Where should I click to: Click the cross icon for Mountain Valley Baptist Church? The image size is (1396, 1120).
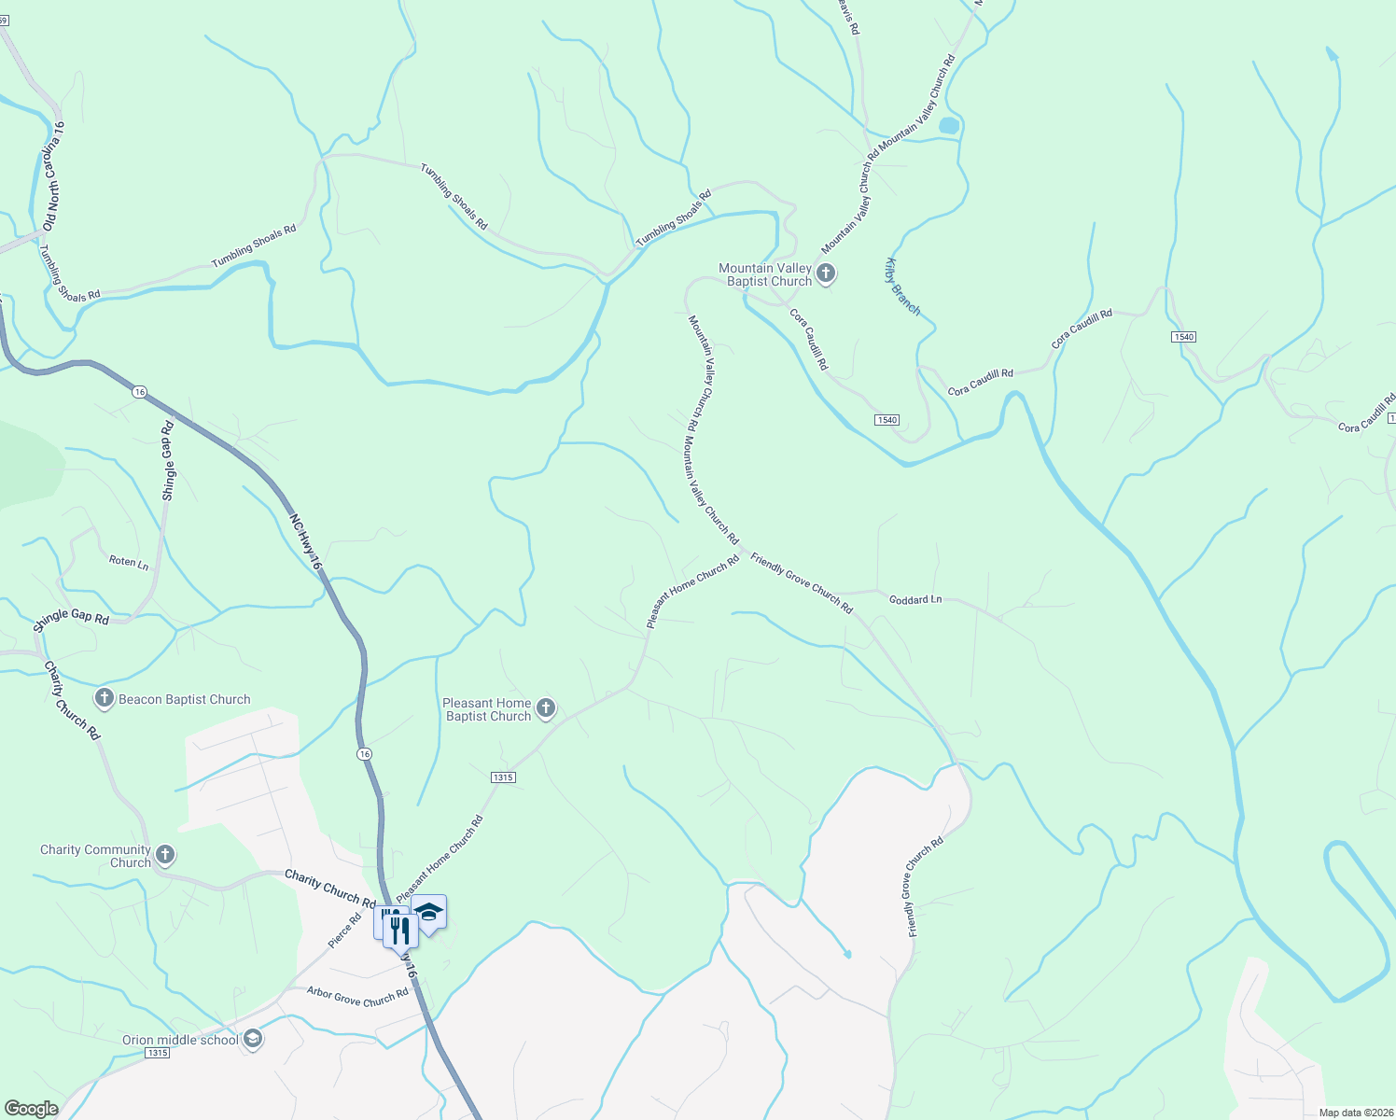[825, 273]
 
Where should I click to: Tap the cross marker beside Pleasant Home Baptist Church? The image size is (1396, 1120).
[546, 709]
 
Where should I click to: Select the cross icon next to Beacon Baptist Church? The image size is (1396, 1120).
[104, 698]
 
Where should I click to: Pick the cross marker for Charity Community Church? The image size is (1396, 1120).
[165, 855]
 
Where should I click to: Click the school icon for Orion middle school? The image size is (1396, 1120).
[252, 1039]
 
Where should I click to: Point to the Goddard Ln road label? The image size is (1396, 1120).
[914, 599]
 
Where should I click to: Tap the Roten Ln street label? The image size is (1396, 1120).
[129, 562]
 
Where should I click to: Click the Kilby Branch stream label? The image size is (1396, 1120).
[902, 287]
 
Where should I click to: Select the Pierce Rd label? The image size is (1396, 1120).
[344, 931]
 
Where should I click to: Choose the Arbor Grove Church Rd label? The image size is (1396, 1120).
[357, 997]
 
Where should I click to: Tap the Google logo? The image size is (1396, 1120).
[31, 1109]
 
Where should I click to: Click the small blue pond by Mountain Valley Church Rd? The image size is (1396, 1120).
[948, 125]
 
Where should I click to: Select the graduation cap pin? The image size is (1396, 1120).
[429, 912]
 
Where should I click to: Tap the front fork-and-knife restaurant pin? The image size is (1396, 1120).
[400, 929]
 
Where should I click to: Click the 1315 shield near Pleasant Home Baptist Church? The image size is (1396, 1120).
[502, 777]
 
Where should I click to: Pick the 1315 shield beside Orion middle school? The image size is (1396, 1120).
[157, 1053]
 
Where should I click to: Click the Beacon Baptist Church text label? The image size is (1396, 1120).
[185, 699]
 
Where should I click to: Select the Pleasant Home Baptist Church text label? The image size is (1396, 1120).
[487, 709]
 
